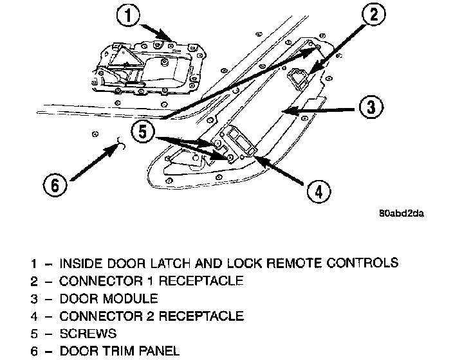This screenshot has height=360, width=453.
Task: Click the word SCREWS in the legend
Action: point(88,334)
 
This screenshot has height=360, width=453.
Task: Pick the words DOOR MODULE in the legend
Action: point(108,299)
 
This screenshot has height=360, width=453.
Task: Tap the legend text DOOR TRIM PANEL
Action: point(119,351)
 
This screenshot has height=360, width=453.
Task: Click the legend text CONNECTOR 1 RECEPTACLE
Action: point(151,281)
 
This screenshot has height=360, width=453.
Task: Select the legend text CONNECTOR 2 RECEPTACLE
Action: point(151,316)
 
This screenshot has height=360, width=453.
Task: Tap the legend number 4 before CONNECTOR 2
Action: point(32,316)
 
